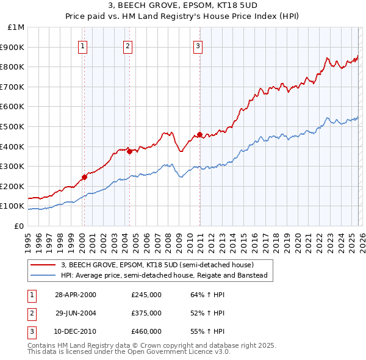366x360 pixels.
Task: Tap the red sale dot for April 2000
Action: [x=84, y=178]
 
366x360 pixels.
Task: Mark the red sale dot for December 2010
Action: [x=199, y=134]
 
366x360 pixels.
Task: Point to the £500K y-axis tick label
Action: [x=13, y=126]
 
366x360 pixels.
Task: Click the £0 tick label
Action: [x=18, y=226]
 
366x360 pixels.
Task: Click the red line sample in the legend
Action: [x=43, y=265]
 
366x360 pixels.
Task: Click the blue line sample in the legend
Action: [x=43, y=275]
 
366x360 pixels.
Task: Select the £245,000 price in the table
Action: [x=146, y=295]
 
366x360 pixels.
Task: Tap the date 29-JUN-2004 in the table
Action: [x=75, y=313]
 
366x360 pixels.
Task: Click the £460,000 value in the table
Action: [x=146, y=331]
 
